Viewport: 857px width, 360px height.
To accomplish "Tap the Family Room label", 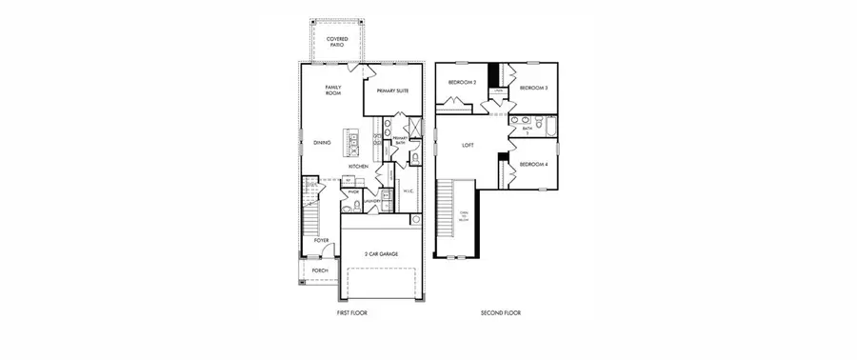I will (x=333, y=90).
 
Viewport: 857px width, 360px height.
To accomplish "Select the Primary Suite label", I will (x=391, y=90).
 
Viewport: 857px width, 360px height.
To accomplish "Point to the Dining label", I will (x=322, y=144).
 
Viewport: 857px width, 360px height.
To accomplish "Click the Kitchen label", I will (x=358, y=167).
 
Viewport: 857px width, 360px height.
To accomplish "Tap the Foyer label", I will (x=322, y=240).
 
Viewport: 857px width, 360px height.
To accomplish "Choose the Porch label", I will (x=320, y=270).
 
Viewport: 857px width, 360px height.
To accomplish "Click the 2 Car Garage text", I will (x=381, y=253).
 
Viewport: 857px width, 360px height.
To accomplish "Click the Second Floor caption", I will (x=501, y=312).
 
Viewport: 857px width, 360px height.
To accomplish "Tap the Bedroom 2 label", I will (x=462, y=83).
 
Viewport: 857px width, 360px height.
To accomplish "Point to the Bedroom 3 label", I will (x=533, y=89).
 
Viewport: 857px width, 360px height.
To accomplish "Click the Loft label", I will (x=468, y=146).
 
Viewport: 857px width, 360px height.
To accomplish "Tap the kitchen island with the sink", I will (x=353, y=144).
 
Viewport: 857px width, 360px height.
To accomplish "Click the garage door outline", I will (x=381, y=283).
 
